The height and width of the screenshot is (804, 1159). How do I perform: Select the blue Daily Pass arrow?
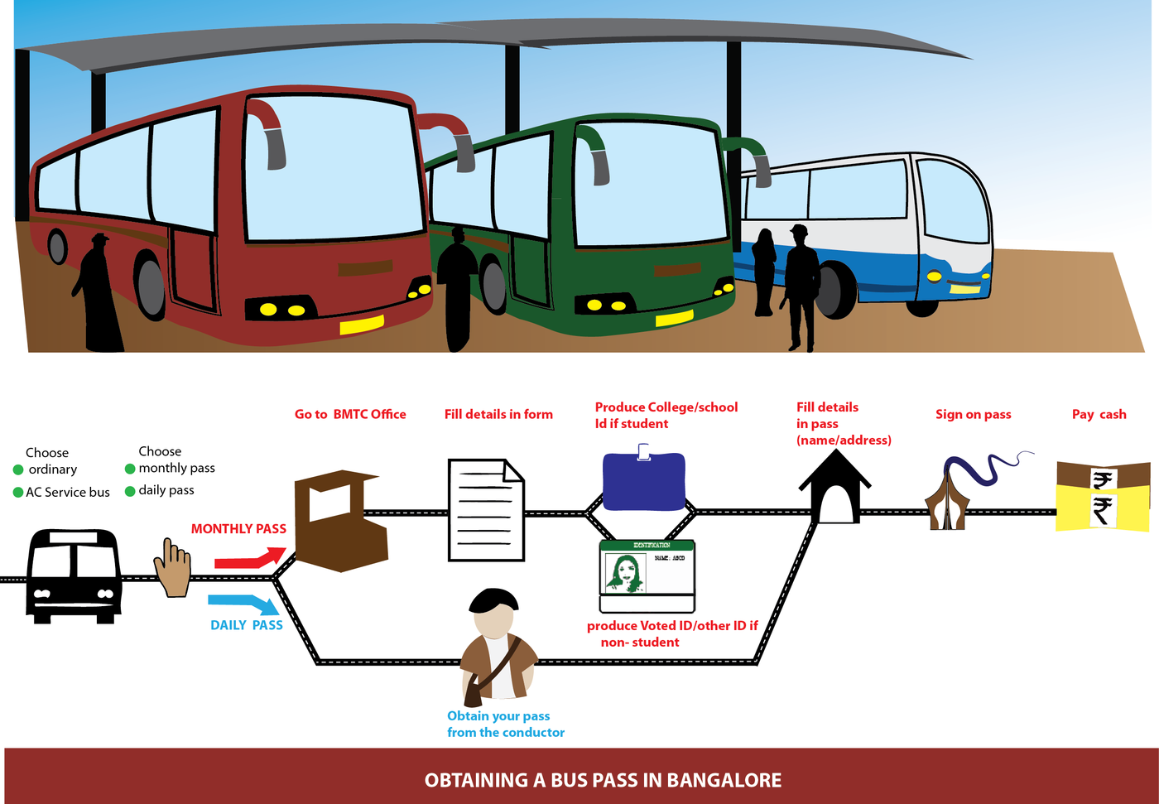[245, 604]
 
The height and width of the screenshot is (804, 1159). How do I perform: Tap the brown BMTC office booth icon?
[340, 522]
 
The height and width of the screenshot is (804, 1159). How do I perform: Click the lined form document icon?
[486, 511]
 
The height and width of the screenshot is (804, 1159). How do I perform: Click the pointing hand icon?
[172, 570]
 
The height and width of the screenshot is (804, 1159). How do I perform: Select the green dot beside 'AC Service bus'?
[18, 492]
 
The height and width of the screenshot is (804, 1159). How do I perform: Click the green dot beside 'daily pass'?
[130, 491]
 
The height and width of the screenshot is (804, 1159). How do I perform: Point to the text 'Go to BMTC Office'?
[350, 414]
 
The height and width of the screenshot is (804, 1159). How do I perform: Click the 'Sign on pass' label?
[973, 414]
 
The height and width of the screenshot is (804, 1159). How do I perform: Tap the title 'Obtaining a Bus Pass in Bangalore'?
[603, 780]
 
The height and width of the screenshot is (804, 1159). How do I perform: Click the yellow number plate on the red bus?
[362, 324]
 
